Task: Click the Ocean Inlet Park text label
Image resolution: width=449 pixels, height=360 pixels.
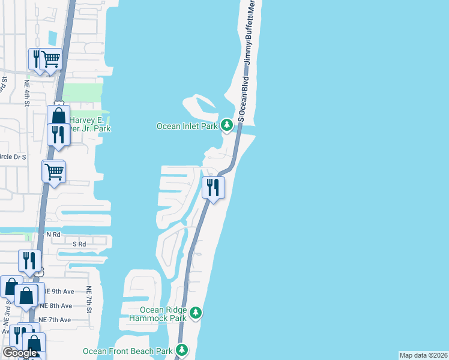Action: click(x=187, y=126)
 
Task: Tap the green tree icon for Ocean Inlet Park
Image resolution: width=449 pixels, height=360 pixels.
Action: click(x=226, y=125)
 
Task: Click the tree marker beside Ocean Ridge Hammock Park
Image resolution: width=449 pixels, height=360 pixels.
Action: click(x=196, y=313)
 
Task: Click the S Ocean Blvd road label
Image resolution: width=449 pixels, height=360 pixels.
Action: click(x=243, y=98)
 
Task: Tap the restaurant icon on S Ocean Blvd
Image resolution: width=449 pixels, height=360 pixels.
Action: click(x=213, y=187)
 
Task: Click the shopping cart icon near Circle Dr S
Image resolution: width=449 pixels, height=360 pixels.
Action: click(x=54, y=172)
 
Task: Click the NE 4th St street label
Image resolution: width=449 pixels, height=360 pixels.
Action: click(x=27, y=94)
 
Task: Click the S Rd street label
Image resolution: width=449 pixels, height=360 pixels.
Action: click(x=79, y=244)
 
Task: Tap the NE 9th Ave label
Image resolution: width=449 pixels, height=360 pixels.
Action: click(x=56, y=292)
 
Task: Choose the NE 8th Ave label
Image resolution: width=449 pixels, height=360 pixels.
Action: click(x=56, y=305)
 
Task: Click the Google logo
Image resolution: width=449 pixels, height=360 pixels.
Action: click(x=19, y=353)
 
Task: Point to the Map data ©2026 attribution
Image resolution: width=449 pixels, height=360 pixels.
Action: click(x=423, y=355)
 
